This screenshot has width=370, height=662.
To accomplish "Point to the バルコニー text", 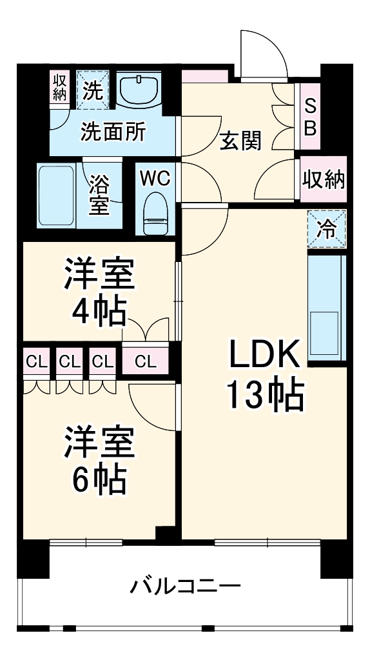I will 186,587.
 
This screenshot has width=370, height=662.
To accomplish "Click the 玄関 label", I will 240,141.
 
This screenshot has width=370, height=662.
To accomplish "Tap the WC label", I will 155,179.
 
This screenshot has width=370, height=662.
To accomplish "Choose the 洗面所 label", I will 113,132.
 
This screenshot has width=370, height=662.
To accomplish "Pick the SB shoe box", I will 310,117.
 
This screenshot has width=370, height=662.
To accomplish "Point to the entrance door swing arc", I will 264,48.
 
